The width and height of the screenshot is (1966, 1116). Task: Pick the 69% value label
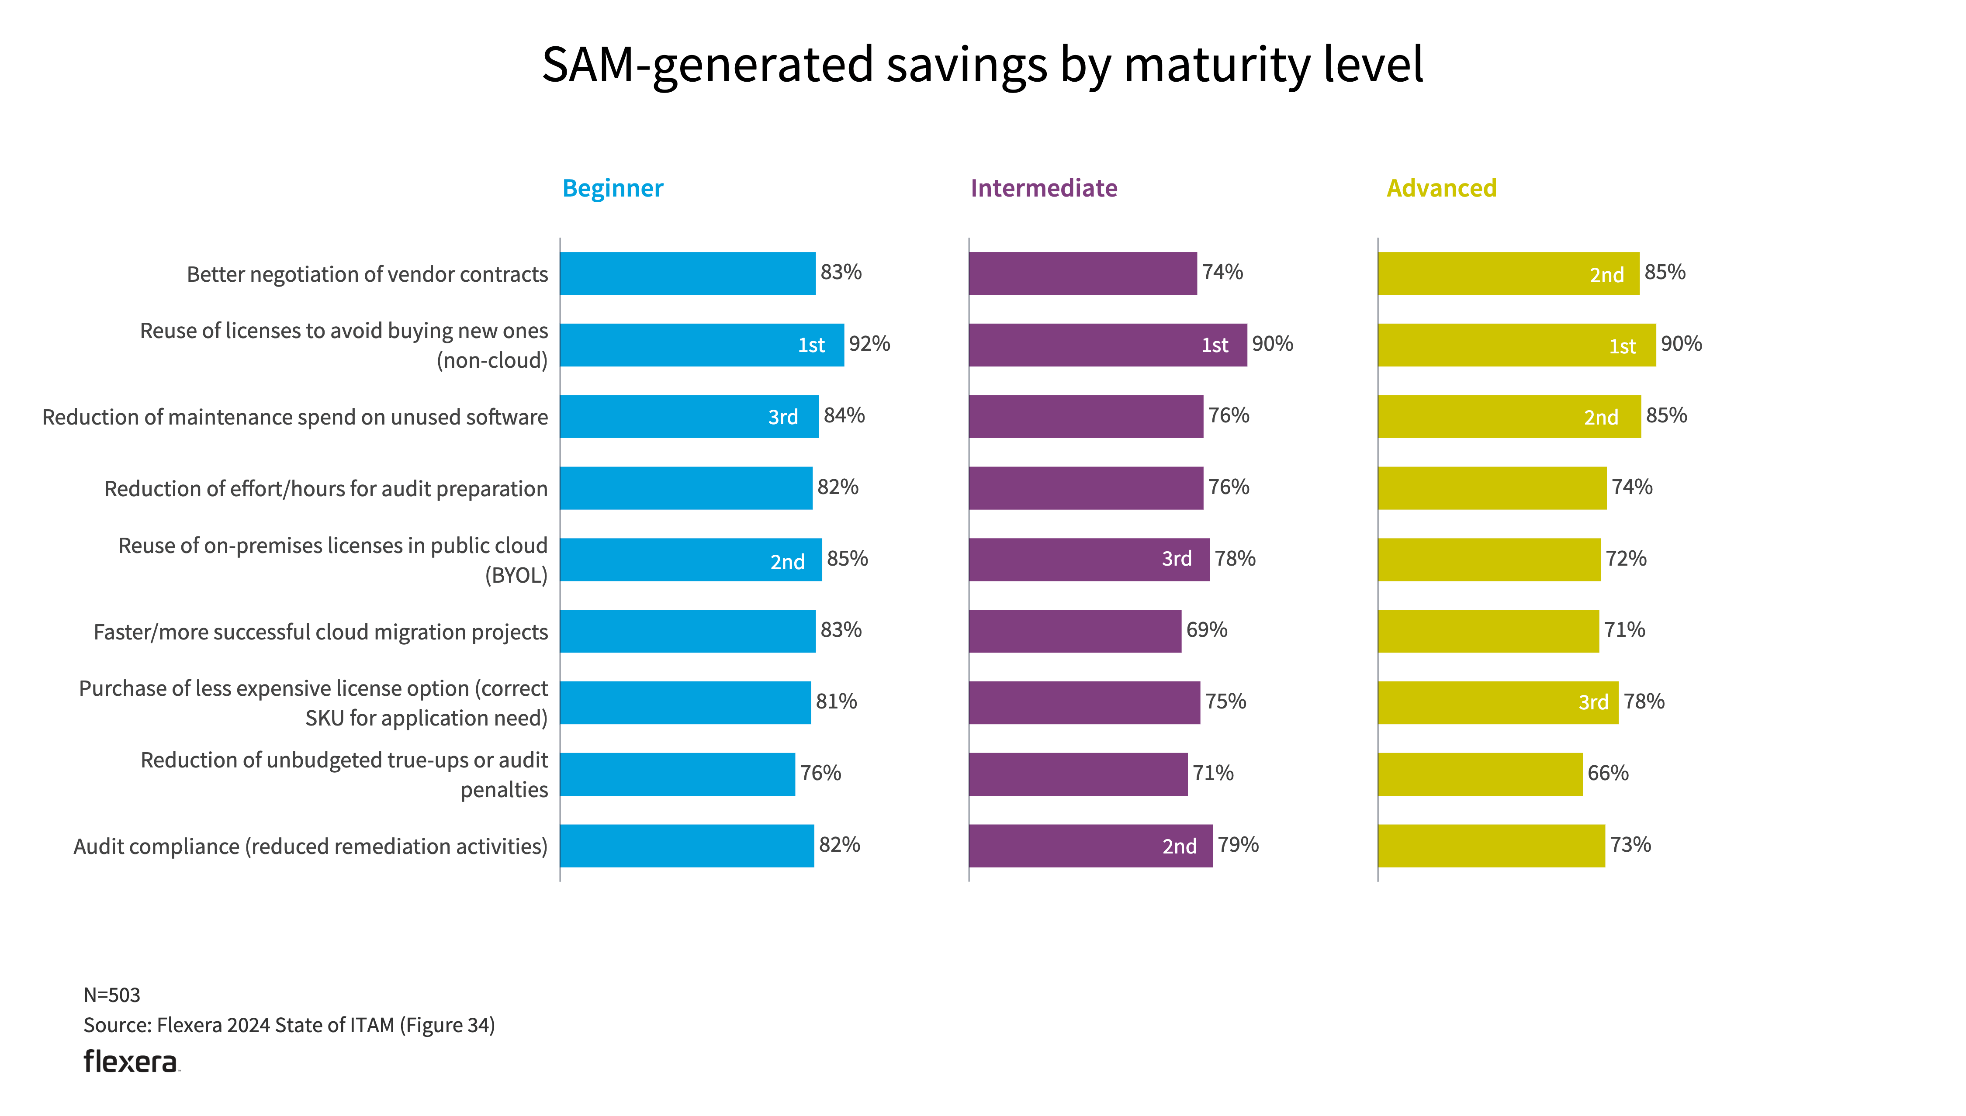coord(1206,630)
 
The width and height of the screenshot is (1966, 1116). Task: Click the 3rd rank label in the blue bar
coord(782,418)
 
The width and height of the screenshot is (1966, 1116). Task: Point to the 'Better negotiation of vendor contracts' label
coord(367,274)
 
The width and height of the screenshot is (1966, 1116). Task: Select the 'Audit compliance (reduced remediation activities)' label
coord(311,846)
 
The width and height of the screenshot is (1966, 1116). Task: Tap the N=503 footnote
coord(112,995)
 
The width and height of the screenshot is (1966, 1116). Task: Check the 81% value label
coord(835,702)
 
